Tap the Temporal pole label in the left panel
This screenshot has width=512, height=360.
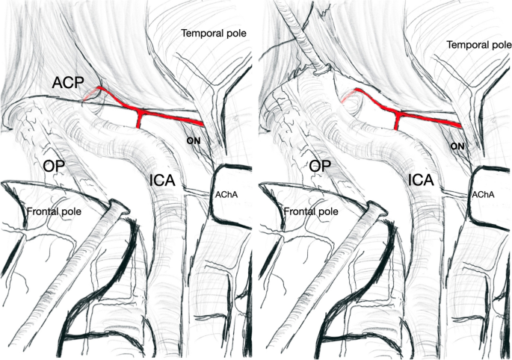point(213,34)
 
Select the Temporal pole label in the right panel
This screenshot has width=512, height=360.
point(478,46)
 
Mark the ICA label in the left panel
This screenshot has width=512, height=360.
point(164,180)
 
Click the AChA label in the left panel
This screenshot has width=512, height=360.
point(227,194)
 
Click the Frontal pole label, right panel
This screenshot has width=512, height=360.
point(309,211)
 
